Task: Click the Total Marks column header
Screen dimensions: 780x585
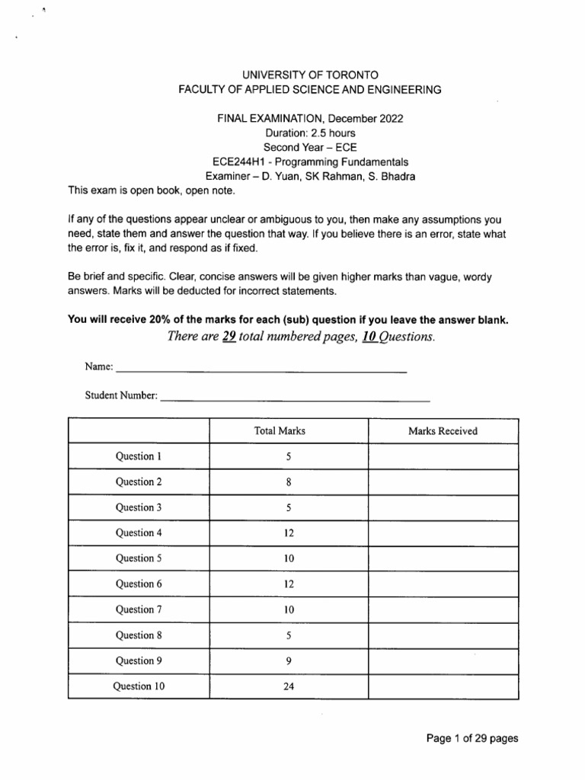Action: click(x=279, y=431)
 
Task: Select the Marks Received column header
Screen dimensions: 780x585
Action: click(x=443, y=431)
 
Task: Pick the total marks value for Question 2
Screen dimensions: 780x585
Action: click(x=289, y=482)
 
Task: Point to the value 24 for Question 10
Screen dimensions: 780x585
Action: click(x=289, y=686)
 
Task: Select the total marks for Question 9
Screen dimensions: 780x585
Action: click(x=289, y=660)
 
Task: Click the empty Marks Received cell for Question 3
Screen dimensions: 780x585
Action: click(x=443, y=507)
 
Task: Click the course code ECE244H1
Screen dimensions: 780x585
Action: click(x=239, y=161)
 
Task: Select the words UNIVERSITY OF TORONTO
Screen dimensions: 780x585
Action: click(x=309, y=75)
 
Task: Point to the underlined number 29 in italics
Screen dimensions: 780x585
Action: click(x=227, y=337)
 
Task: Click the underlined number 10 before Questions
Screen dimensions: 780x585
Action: click(x=370, y=337)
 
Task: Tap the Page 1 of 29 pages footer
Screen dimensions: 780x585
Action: click(x=472, y=738)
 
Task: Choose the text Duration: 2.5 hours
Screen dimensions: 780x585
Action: click(x=309, y=133)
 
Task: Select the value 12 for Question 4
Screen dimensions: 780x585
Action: click(x=289, y=533)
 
